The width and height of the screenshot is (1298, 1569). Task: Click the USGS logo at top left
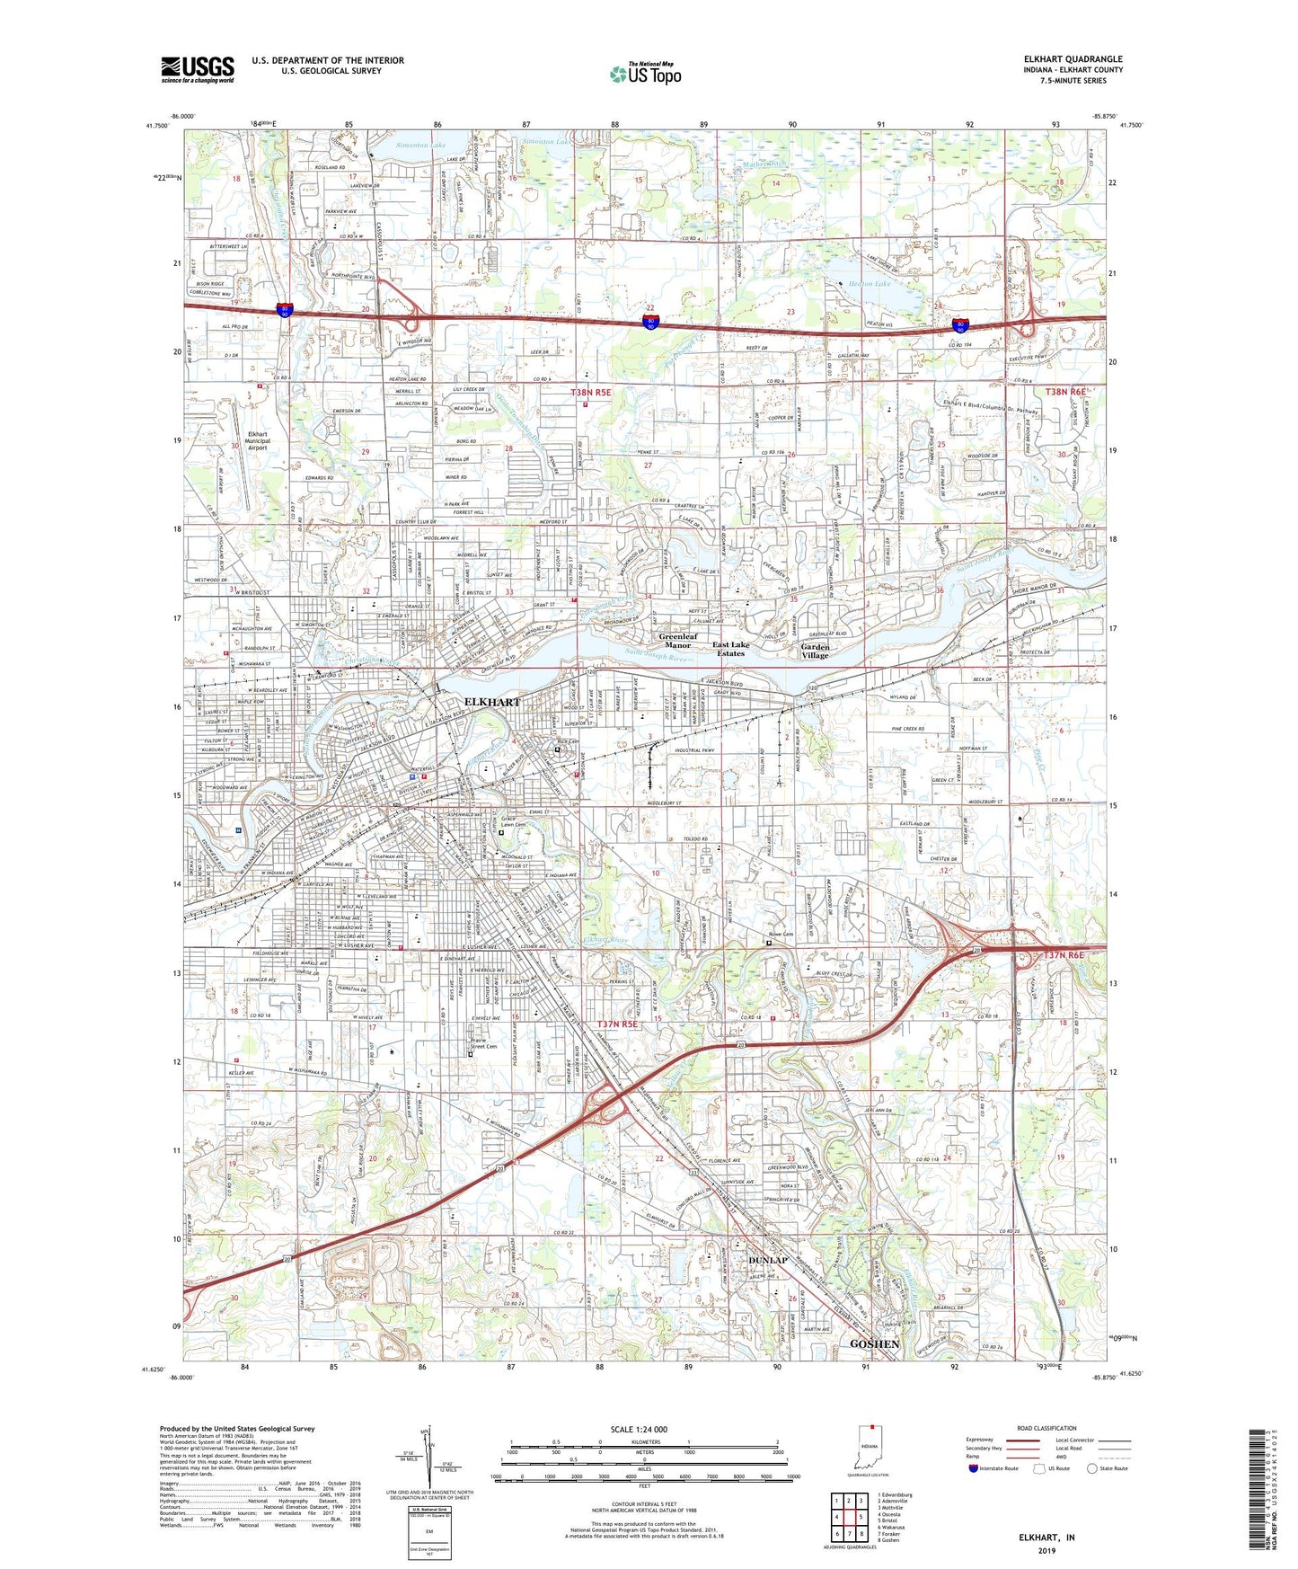coord(198,68)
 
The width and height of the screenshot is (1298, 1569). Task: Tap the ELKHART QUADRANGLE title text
coord(1073,59)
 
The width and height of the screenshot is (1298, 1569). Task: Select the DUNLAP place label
coord(768,1260)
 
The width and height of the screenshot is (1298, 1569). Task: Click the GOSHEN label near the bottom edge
coord(874,1343)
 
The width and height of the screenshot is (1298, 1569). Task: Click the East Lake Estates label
coord(730,649)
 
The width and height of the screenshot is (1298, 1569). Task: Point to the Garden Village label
coord(815,651)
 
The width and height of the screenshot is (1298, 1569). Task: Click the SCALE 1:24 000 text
coord(639,1429)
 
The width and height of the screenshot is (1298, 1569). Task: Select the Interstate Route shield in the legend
coord(973,1468)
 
